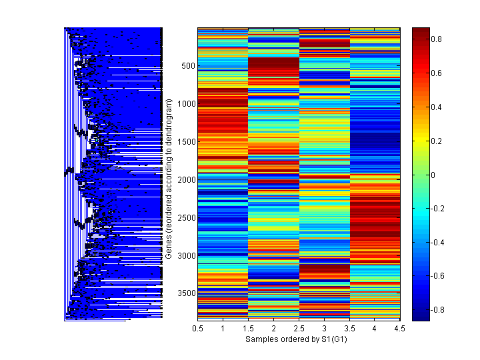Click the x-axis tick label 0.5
pos(198,329)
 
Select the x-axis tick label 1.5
pos(249,329)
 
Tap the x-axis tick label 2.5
pos(299,329)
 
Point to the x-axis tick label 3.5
pos(350,329)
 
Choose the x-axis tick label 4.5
pos(401,329)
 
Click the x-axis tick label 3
pos(325,329)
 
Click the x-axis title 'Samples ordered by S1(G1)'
pos(299,339)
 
